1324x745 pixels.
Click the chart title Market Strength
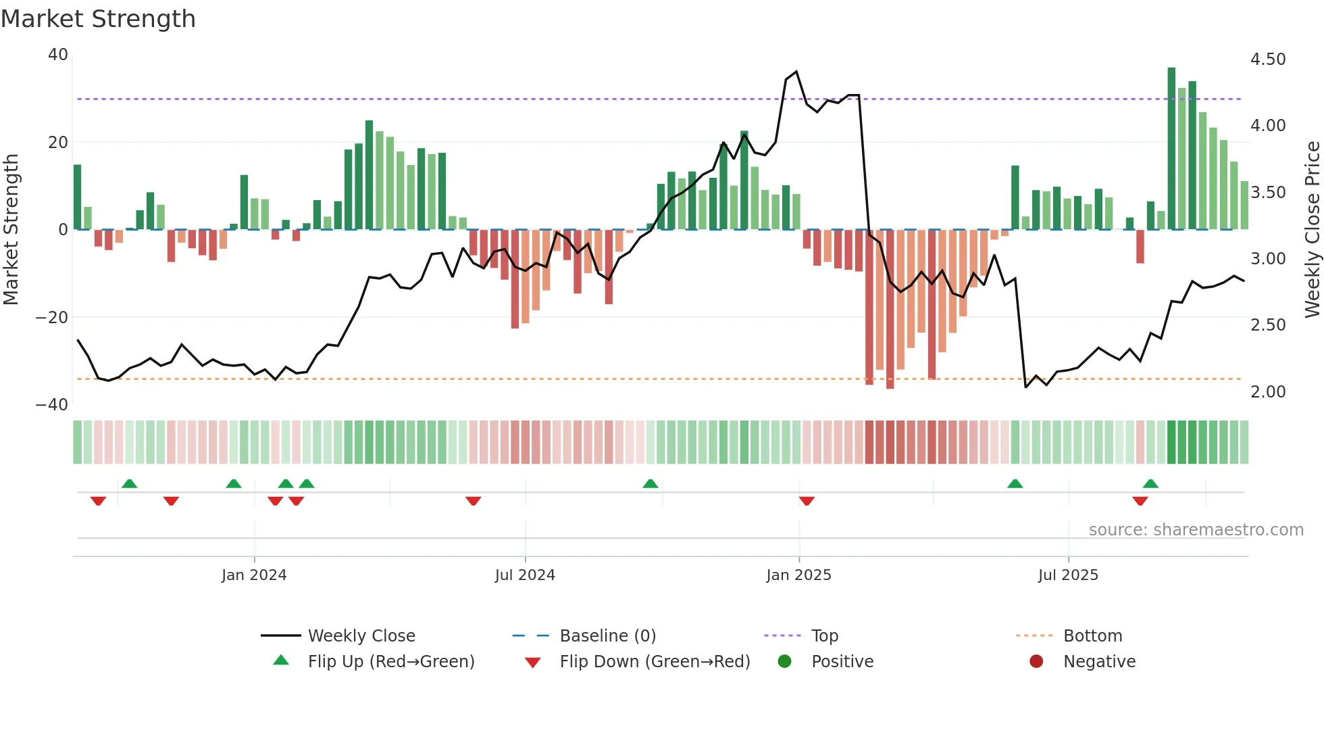[x=98, y=19]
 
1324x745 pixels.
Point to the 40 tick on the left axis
[x=58, y=55]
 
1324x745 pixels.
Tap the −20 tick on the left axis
[x=52, y=317]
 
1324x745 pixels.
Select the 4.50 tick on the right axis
[x=1268, y=59]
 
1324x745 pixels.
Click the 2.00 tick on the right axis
[x=1268, y=392]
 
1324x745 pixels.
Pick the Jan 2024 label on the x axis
[x=254, y=575]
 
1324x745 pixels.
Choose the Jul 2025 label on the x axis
[x=1068, y=575]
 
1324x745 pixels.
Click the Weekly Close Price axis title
[x=1312, y=230]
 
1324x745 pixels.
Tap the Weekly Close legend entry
[x=361, y=636]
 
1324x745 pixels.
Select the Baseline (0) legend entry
[x=607, y=636]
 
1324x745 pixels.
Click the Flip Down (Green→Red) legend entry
[x=655, y=662]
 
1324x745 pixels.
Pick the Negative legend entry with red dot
[x=1099, y=662]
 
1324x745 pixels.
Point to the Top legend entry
[x=824, y=636]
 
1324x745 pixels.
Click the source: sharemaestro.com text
[x=1196, y=530]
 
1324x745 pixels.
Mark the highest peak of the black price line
[x=796, y=72]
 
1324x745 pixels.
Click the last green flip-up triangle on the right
[x=1150, y=484]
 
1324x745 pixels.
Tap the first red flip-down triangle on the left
[x=98, y=501]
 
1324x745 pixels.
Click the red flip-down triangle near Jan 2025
[x=807, y=501]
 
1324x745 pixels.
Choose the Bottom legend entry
[x=1092, y=636]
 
